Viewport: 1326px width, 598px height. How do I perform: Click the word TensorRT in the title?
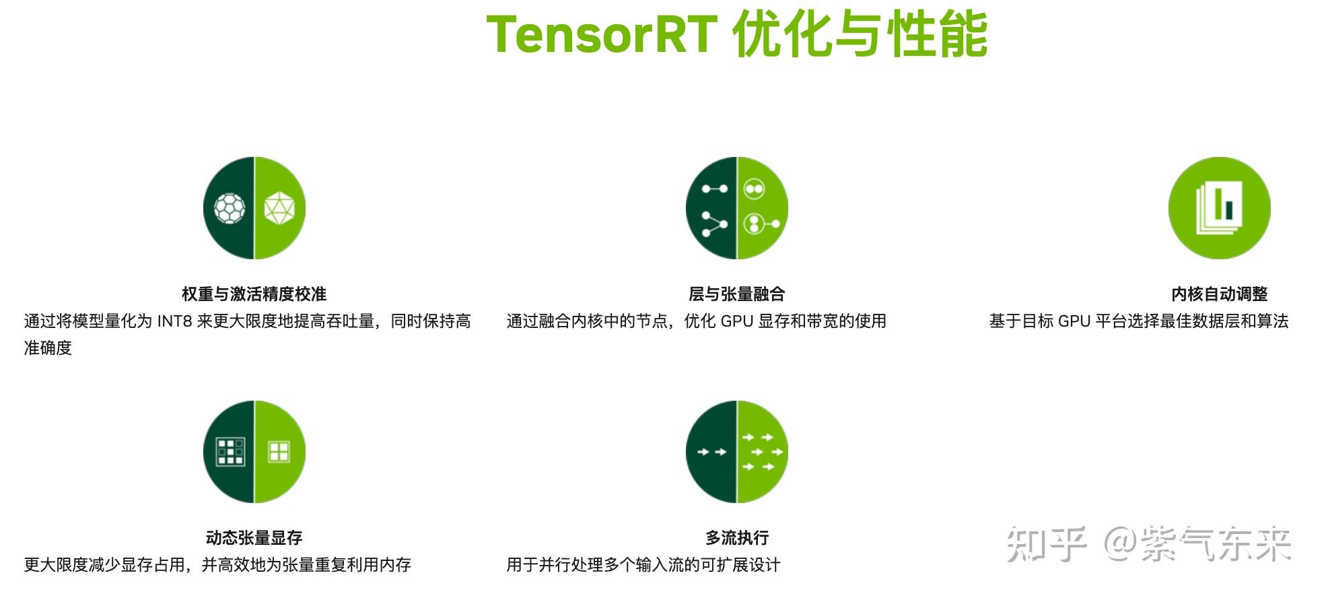tap(600, 34)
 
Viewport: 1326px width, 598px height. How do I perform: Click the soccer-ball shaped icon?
tap(230, 208)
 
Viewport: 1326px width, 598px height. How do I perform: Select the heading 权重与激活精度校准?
tap(254, 294)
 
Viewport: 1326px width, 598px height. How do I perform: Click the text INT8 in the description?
tap(174, 321)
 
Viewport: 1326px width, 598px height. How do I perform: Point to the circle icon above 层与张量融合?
tap(736, 208)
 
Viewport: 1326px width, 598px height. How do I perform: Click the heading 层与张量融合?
tap(736, 294)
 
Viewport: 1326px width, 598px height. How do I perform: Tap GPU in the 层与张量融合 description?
tap(736, 321)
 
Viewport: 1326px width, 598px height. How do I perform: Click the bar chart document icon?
tap(1218, 208)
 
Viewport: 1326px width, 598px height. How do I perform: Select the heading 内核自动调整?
tap(1219, 294)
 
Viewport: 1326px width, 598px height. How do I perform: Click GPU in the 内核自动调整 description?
tap(1074, 321)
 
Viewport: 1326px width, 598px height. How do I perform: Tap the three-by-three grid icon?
tap(230, 452)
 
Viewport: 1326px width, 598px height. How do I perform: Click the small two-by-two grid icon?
tap(279, 452)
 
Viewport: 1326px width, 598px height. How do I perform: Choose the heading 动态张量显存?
tap(254, 538)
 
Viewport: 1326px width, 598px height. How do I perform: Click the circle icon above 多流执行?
tap(736, 452)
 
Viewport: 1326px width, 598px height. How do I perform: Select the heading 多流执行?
tap(736, 538)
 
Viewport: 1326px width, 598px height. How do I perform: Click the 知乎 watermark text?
tap(1046, 544)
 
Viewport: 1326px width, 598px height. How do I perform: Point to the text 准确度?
tap(48, 348)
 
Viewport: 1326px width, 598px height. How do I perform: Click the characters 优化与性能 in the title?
tap(860, 34)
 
